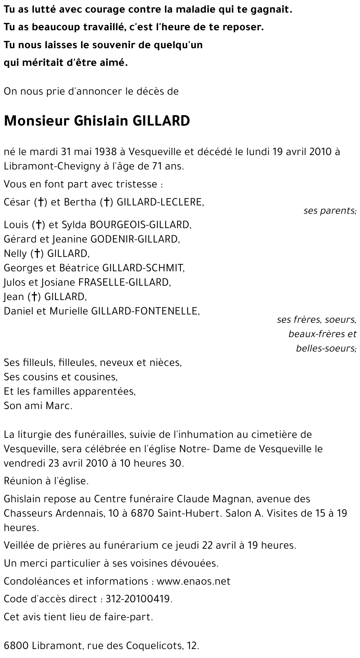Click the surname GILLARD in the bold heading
pyautogui.click(x=161, y=121)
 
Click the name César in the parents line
pyautogui.click(x=17, y=202)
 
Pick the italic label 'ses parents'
pyautogui.click(x=329, y=210)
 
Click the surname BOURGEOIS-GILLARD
pyautogui.click(x=140, y=225)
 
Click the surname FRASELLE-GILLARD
pyautogui.click(x=124, y=282)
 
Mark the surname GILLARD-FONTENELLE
pyautogui.click(x=145, y=311)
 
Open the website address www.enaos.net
pyautogui.click(x=193, y=581)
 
